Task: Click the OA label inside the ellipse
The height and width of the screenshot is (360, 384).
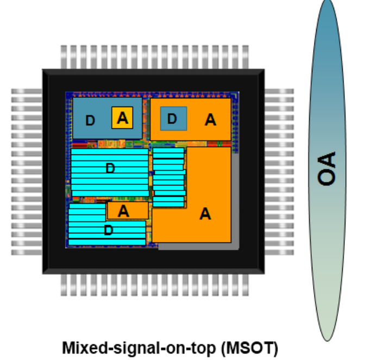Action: coord(328,169)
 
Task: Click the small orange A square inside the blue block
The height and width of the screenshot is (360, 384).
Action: coord(122,117)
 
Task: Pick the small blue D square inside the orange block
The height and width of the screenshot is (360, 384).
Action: coord(173,119)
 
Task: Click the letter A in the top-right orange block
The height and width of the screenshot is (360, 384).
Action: coord(210,120)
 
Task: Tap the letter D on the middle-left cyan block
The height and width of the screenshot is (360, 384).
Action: coord(110,169)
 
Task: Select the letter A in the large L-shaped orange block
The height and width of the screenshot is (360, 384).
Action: coord(205,214)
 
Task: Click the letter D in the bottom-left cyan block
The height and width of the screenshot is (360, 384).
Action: coord(108,231)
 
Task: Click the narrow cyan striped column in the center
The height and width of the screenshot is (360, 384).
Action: coord(168,177)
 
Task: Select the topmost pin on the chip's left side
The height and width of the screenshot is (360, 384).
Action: coord(27,91)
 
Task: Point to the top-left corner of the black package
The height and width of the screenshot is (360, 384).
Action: coord(44,70)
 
